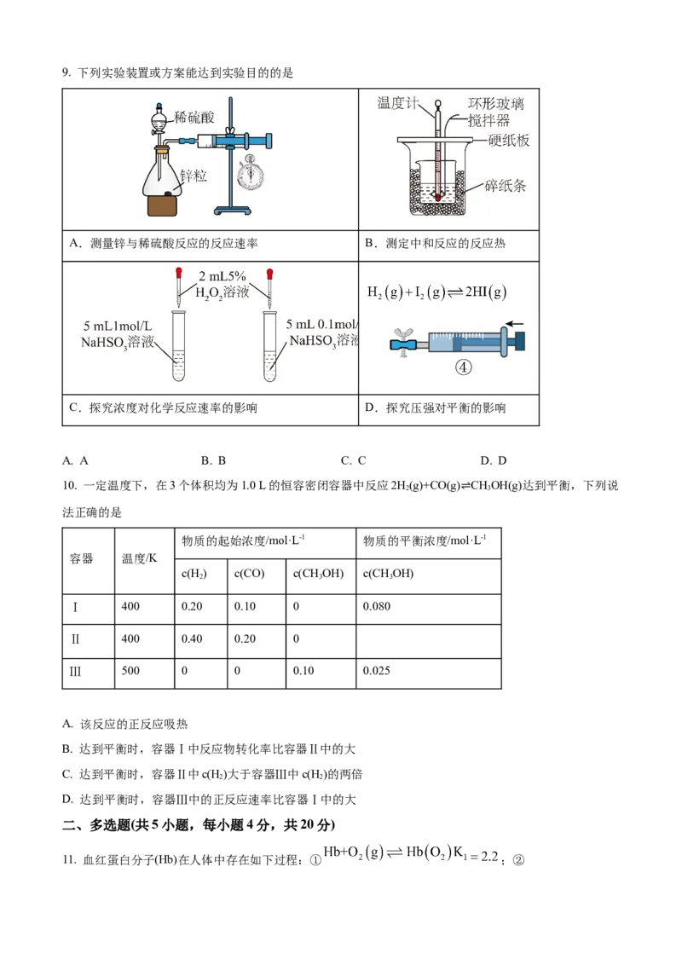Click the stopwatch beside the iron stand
pos(250,173)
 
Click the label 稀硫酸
pos(194,117)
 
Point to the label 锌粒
pos(194,176)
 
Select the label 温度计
pos(397,103)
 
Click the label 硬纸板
pos(508,141)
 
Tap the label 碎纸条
pos(505,185)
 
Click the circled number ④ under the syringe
pos(464,367)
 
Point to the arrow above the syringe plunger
pos(515,324)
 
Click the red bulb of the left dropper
pos(179,273)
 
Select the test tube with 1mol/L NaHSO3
pos(178,346)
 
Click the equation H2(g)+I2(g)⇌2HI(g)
pos(436,292)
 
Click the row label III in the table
pos(75,671)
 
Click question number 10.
pos(69,486)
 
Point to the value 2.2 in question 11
pos(489,856)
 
